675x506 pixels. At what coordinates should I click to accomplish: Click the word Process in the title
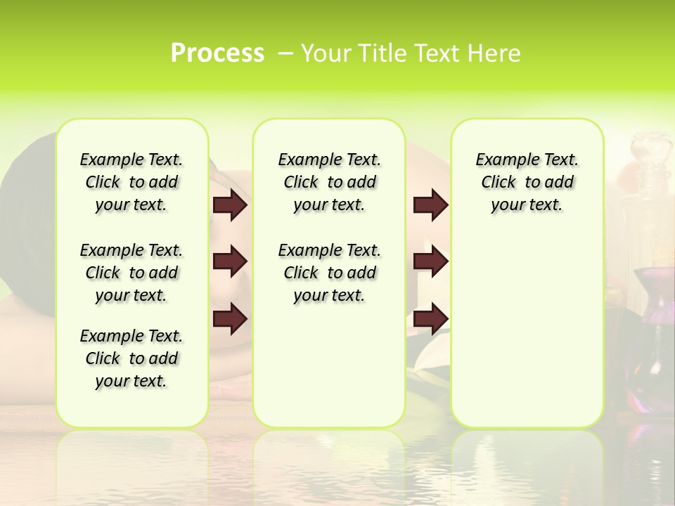[217, 53]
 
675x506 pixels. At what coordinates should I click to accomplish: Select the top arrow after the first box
[230, 205]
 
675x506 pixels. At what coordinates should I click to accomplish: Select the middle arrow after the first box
[230, 262]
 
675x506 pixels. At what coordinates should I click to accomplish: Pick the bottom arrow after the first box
[230, 318]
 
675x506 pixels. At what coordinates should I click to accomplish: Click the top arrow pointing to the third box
[430, 205]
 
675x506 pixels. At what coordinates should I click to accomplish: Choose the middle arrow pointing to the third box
[430, 262]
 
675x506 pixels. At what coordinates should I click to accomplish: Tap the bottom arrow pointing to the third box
[430, 318]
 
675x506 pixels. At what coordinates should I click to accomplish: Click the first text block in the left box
[131, 182]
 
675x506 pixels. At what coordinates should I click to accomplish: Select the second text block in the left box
[131, 273]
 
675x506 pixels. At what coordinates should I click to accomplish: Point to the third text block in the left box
[131, 358]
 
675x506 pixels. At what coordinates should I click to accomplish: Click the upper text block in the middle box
[329, 182]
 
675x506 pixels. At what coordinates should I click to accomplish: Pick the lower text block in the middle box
[329, 273]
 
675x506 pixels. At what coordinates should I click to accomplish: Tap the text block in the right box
[527, 182]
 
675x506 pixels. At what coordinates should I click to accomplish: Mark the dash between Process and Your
[285, 53]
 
